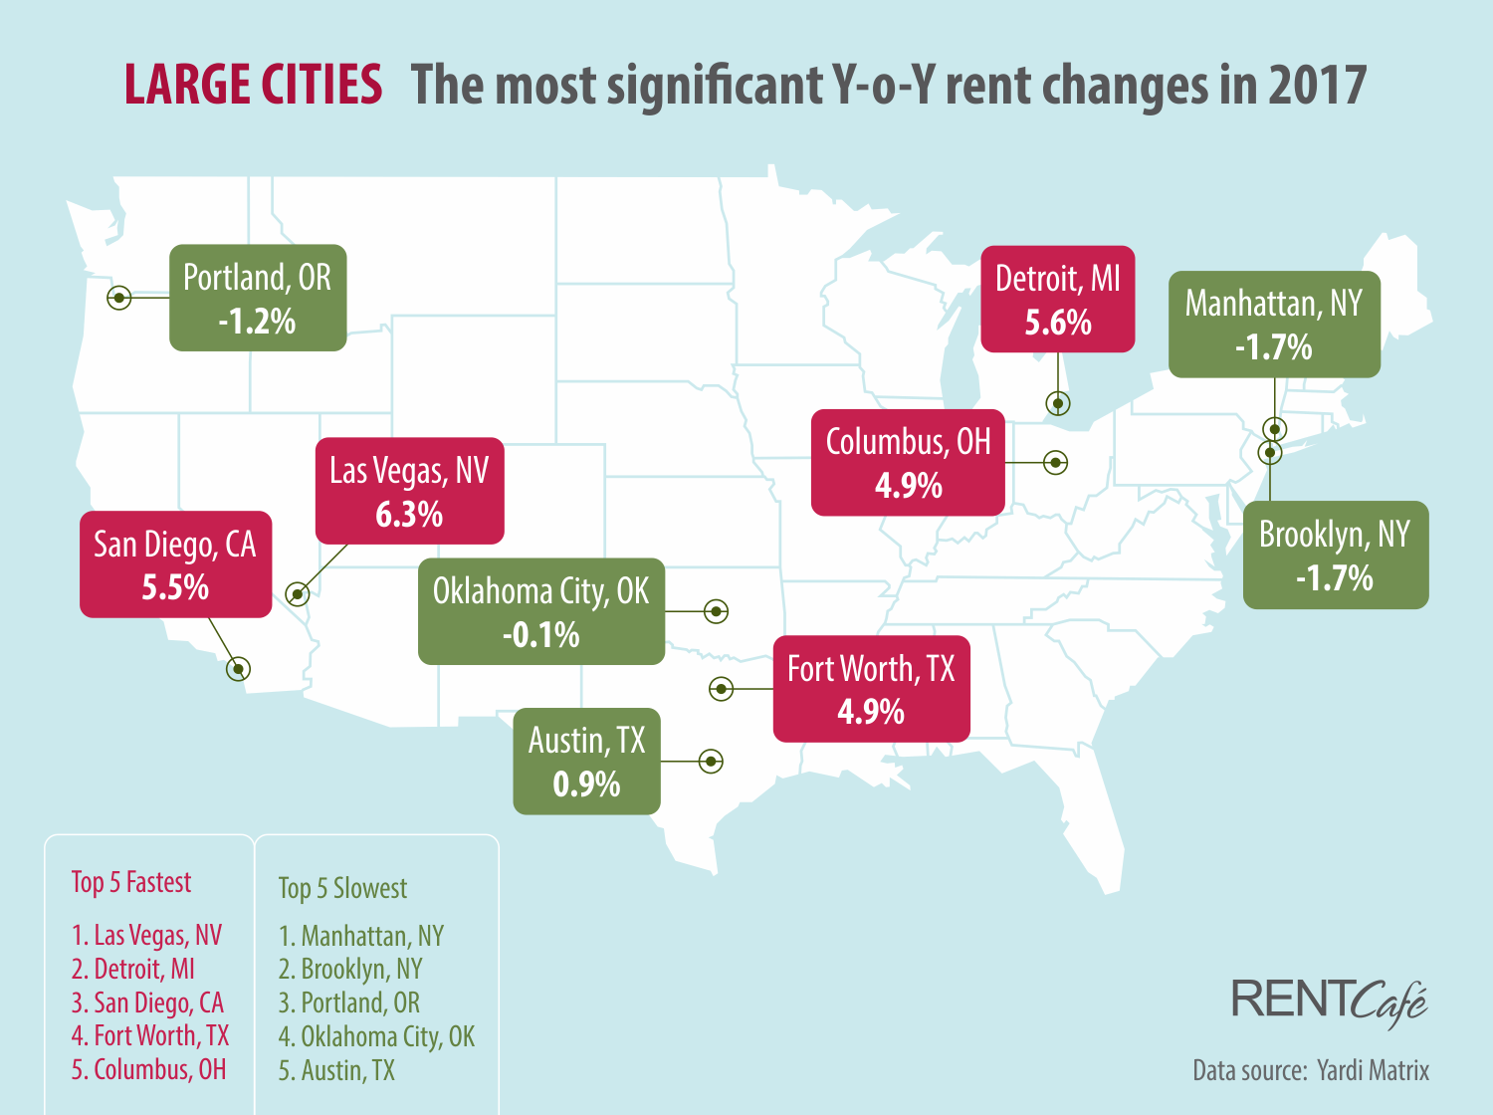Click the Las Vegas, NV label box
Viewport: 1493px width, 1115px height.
(x=409, y=491)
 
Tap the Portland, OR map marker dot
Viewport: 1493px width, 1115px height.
(x=119, y=297)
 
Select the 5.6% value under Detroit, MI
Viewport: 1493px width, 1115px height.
(x=1058, y=323)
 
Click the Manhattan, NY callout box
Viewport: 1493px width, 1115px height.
(x=1274, y=325)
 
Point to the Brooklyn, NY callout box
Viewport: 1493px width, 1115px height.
(x=1335, y=555)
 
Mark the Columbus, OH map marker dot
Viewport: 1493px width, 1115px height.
(x=1056, y=462)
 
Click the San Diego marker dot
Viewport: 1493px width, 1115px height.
(x=238, y=669)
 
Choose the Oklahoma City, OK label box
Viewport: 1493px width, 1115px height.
(x=540, y=611)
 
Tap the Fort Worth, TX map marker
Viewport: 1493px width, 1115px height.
(x=722, y=688)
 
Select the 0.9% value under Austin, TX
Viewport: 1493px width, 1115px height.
(x=586, y=784)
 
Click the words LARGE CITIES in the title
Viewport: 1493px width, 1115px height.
(x=253, y=85)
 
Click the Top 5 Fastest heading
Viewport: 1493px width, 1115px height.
(x=131, y=882)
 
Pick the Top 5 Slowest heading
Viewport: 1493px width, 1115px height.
(x=342, y=888)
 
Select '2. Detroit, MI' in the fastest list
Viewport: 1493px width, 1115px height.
(x=133, y=969)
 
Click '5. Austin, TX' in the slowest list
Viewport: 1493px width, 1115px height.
(x=336, y=1070)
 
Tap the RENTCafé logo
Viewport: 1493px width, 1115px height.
(x=1329, y=1001)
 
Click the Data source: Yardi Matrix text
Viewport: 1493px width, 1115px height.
(x=1311, y=1070)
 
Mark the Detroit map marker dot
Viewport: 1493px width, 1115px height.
(x=1058, y=403)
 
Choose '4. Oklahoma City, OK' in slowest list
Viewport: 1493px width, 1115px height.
(x=376, y=1036)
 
